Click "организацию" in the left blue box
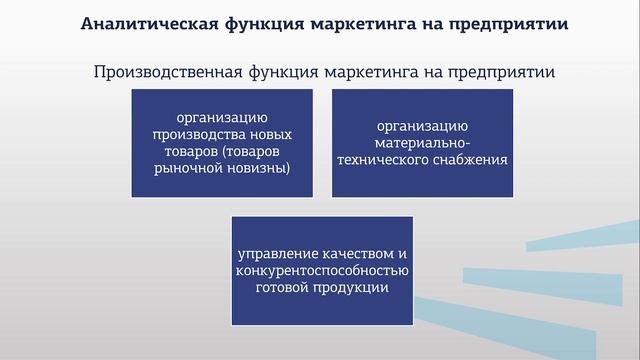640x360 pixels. click(222, 116)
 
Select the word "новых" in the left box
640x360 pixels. click(269, 133)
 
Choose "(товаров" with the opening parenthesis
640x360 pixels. click(259, 150)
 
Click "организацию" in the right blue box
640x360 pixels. click(422, 126)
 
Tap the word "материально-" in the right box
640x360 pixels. click(422, 143)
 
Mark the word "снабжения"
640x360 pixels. click(471, 160)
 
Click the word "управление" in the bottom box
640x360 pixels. click(276, 253)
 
